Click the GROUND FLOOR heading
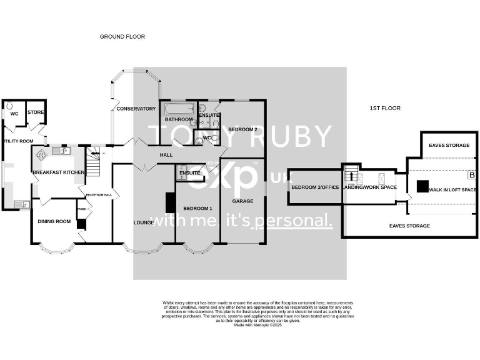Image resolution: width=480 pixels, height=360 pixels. pos(122,37)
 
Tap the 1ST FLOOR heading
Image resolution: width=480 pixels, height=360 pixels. pos(385,108)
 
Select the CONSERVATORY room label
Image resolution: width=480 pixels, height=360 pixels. pos(136,109)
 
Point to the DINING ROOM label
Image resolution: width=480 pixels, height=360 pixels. pos(54,221)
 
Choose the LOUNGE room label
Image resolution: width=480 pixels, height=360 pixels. pos(144,222)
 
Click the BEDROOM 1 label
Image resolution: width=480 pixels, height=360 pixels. pos(197,208)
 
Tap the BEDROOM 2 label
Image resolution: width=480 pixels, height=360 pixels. pos(242,129)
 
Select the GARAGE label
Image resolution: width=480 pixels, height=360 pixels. pos(242,201)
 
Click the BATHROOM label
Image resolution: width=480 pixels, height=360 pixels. pos(178,119)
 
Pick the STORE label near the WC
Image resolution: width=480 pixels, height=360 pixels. pos(35,113)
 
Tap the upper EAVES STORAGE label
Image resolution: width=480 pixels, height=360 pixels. pos(449,146)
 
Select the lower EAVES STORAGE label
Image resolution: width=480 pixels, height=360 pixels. pos(409,226)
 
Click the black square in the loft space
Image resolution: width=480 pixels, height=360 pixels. pos(423,186)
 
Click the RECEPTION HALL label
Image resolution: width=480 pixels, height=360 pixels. pos(98,194)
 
